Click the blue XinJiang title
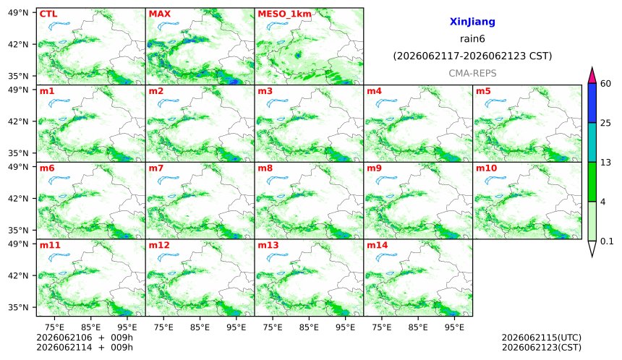coord(472,22)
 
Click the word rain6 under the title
coord(472,39)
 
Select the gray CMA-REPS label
coord(472,73)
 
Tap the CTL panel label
coord(48,14)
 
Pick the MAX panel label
coord(159,14)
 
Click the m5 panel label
coord(483,91)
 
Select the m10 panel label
coord(486,168)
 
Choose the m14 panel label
coord(378,245)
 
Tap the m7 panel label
coord(156,168)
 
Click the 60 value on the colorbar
coord(605,83)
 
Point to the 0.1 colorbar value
coord(607,241)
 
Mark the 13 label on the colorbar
coord(605,162)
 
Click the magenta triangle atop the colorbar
coord(592,75)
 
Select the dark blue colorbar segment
coord(592,103)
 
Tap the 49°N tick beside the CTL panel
coord(18,13)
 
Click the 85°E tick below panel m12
coord(200,327)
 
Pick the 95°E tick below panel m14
coord(454,327)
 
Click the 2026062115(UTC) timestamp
coord(542,338)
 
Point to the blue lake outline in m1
coord(59,103)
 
